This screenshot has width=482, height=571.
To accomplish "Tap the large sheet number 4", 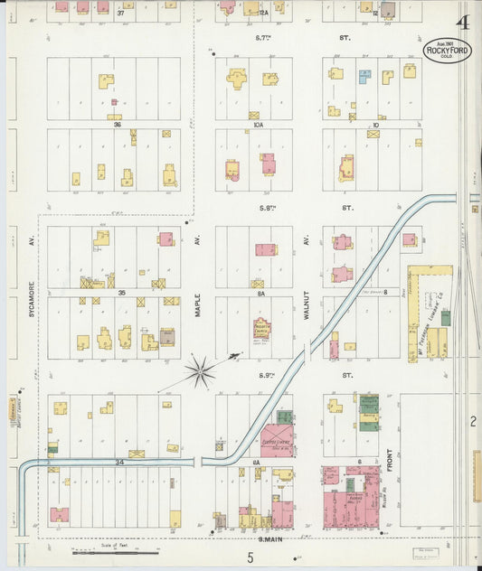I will [464, 23].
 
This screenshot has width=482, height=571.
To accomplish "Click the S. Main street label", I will [270, 538].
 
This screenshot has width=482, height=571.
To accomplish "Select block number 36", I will [118, 125].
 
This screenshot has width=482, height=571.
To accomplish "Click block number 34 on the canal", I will [119, 462].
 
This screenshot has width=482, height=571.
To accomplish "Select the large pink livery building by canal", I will [275, 440].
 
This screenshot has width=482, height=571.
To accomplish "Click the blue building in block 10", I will [364, 77].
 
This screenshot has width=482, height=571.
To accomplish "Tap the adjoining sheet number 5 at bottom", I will [250, 557].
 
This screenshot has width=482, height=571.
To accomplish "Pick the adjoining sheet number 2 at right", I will [472, 421].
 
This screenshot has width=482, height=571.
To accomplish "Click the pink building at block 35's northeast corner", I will [165, 239].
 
